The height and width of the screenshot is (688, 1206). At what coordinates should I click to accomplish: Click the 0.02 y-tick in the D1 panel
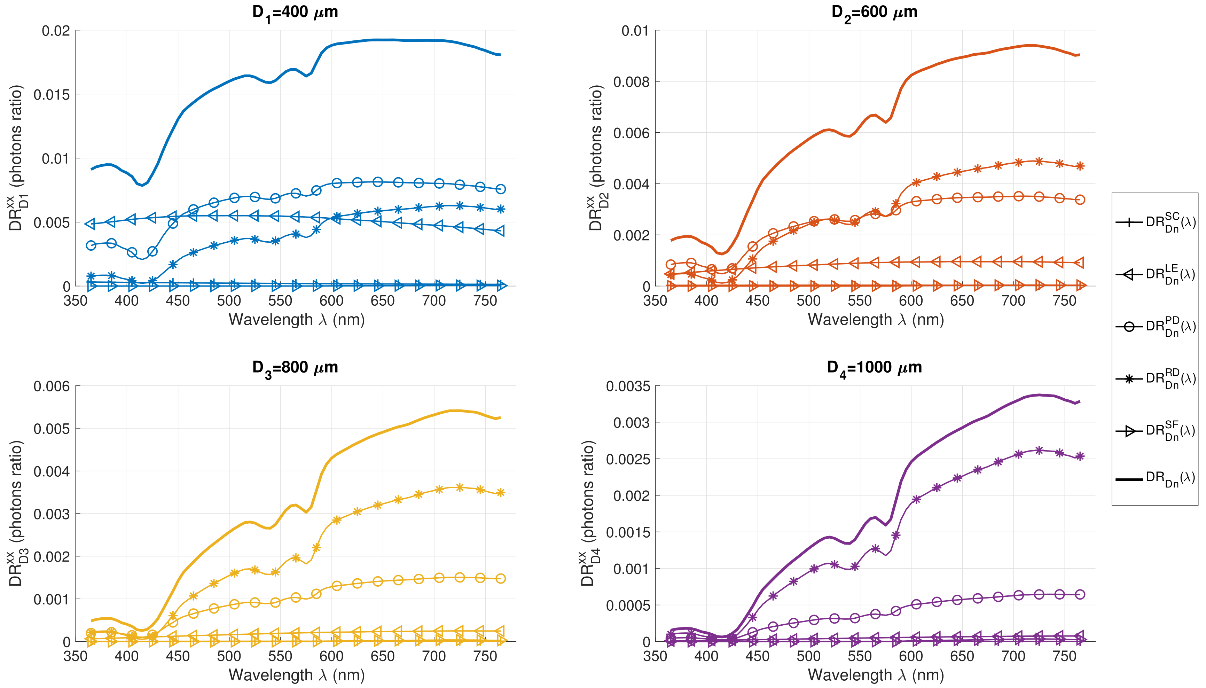click(56, 31)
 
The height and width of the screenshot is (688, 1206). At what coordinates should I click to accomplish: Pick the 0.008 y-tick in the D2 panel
click(632, 82)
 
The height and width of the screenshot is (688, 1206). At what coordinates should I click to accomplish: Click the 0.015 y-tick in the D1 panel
click(52, 95)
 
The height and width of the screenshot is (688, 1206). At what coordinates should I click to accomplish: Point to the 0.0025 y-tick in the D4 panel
click(628, 460)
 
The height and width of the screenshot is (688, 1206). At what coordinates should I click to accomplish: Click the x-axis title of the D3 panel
click(297, 675)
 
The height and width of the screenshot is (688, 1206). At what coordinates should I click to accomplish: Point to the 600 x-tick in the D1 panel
click(331, 301)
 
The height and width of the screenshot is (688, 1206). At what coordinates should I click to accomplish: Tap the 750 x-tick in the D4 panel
click(1064, 656)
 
